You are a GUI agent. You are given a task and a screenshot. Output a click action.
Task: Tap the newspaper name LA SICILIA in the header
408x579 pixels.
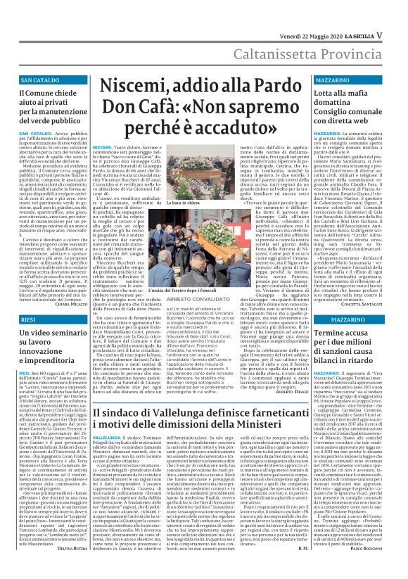pyautogui.click(x=369, y=15)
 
